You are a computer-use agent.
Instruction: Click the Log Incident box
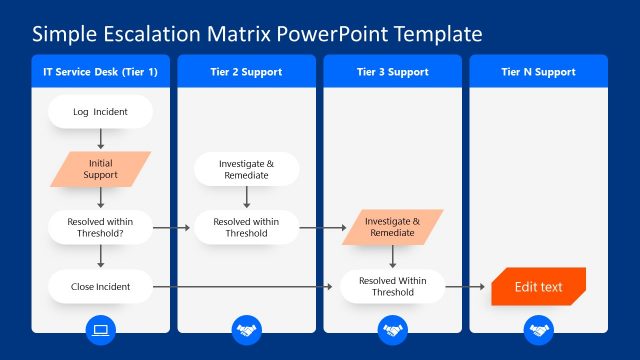(100, 112)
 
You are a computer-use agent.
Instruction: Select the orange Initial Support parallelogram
(101, 169)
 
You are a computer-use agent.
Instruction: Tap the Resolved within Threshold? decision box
(100, 227)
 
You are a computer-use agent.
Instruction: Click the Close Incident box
(100, 286)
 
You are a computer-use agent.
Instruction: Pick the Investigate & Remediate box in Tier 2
(246, 169)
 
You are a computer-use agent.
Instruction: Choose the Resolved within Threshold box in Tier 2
(246, 227)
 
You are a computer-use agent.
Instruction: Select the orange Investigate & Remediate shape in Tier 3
(392, 227)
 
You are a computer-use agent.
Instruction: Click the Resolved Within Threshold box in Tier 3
(392, 286)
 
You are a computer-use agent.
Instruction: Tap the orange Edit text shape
(538, 286)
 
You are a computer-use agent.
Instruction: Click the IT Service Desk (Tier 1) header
(101, 72)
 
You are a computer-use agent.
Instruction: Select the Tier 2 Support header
(246, 72)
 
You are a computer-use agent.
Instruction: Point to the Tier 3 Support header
(392, 72)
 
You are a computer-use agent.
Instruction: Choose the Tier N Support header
(538, 72)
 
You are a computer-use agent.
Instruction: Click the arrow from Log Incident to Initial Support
(101, 140)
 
